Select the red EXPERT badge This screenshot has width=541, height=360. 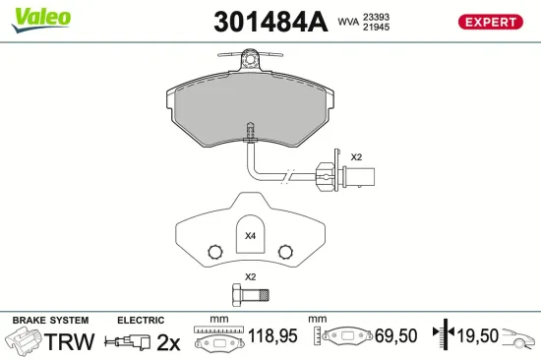(x=489, y=22)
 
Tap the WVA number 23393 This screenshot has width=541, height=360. (x=377, y=16)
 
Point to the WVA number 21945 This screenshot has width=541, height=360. (x=377, y=27)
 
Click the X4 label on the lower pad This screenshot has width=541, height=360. (x=249, y=236)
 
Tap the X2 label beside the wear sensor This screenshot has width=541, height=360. (x=357, y=157)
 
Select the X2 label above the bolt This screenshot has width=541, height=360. (x=250, y=277)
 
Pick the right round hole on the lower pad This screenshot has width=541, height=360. (x=286, y=250)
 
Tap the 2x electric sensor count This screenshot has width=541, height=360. (x=169, y=342)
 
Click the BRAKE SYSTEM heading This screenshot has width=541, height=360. (x=49, y=321)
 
